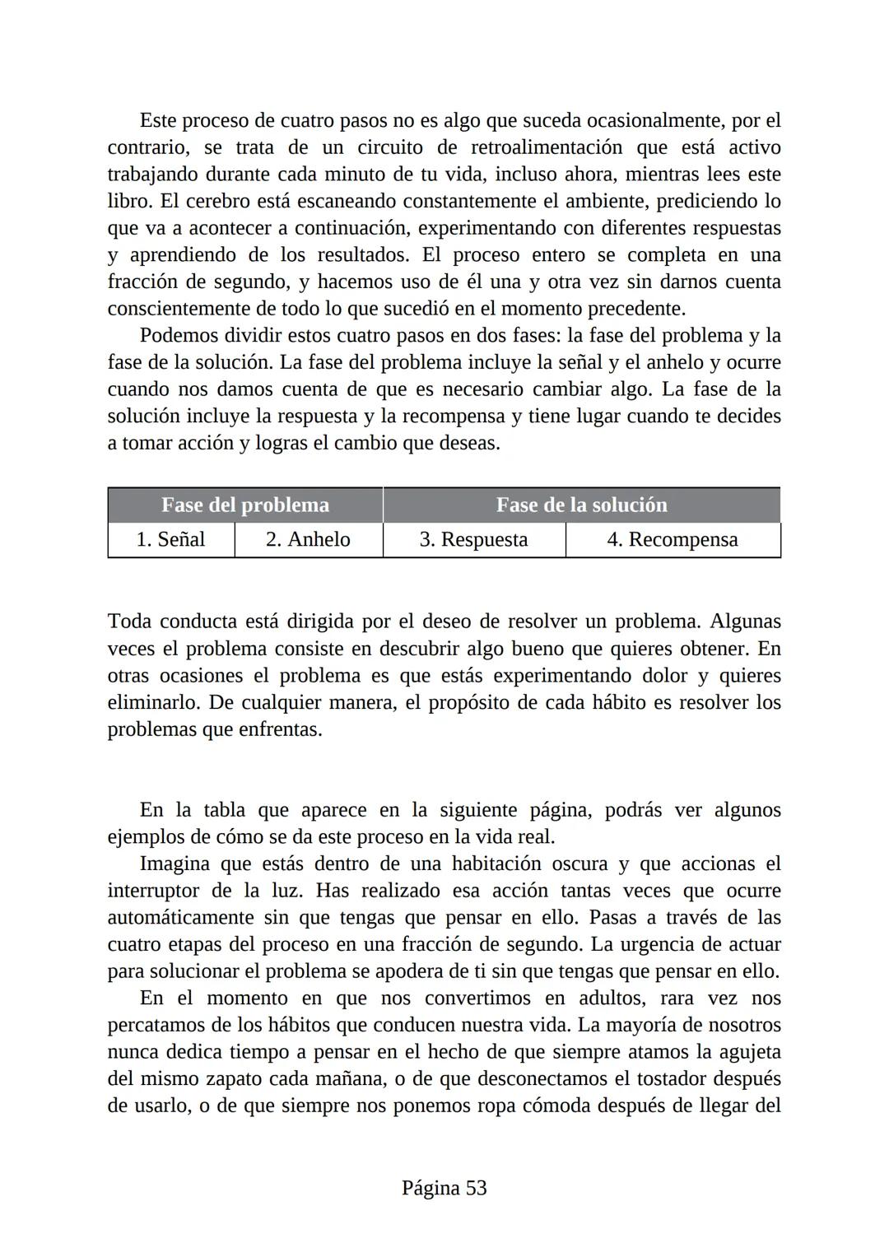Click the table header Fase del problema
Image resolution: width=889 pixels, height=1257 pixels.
pyautogui.click(x=244, y=505)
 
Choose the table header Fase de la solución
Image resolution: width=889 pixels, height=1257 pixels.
pyautogui.click(x=581, y=505)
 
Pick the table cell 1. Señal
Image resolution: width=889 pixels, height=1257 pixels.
pyautogui.click(x=170, y=540)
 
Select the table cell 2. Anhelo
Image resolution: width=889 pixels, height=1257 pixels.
pyautogui.click(x=308, y=540)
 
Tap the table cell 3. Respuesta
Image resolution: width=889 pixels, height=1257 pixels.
pyautogui.click(x=473, y=540)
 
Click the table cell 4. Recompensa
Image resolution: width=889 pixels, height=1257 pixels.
pyautogui.click(x=672, y=540)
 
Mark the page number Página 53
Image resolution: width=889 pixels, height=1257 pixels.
pyautogui.click(x=444, y=1188)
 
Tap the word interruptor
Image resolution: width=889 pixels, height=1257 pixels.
pyautogui.click(x=153, y=891)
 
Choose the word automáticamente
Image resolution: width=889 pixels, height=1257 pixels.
pyautogui.click(x=180, y=918)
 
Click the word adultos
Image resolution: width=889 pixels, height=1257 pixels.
pyautogui.click(x=613, y=999)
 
